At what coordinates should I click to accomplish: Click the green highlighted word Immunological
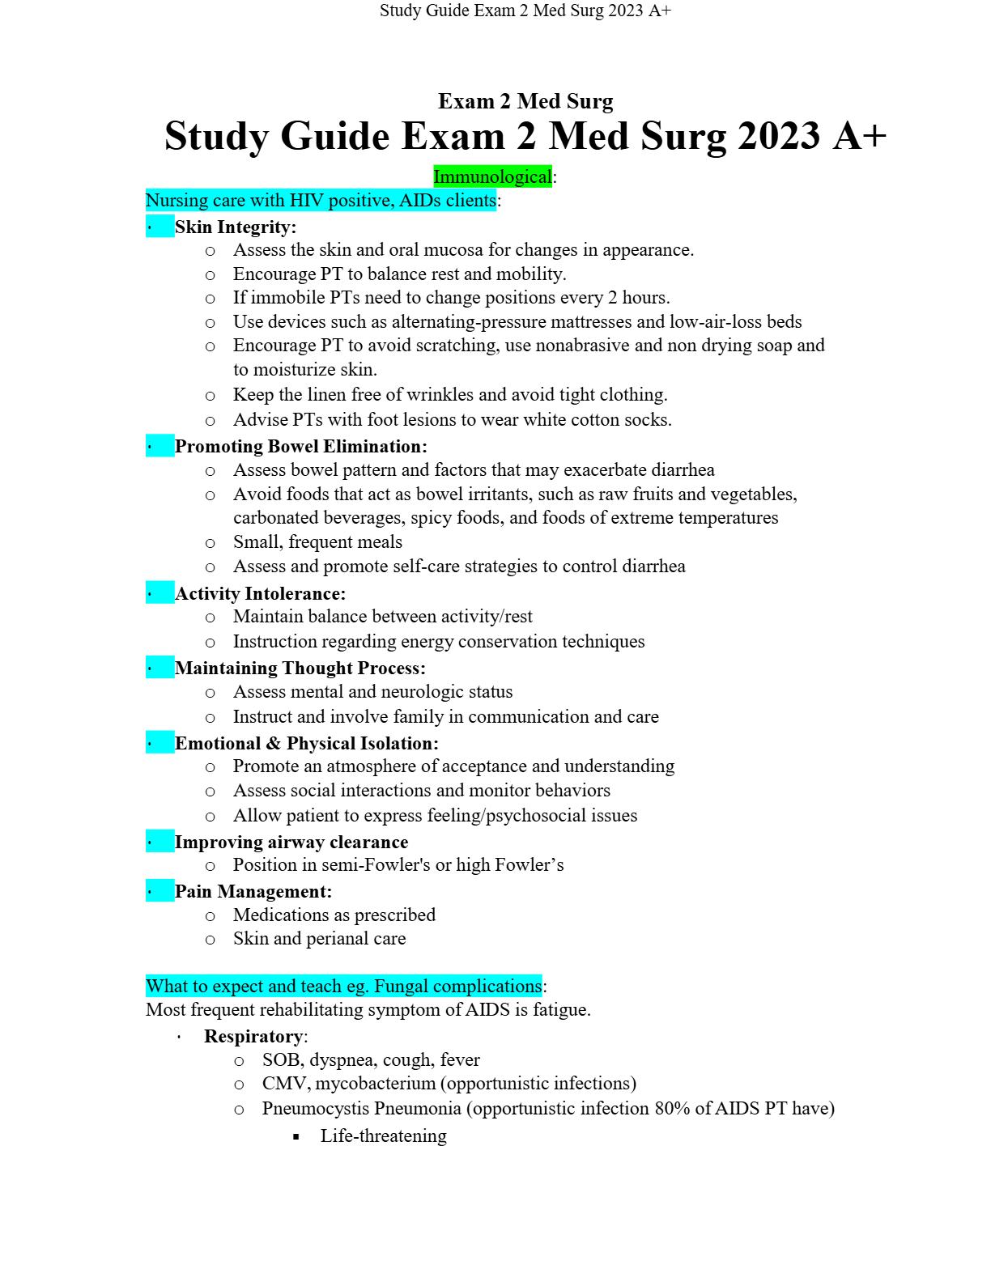tap(492, 176)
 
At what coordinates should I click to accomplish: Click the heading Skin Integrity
tap(236, 227)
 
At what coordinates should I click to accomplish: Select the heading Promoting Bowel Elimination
tap(300, 446)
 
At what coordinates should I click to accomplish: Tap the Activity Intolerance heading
tap(260, 593)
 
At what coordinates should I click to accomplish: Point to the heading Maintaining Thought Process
tap(300, 668)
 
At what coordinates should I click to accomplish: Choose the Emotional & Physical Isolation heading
tap(306, 743)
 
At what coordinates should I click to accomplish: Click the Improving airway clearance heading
tap(291, 842)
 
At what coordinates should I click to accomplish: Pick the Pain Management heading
tap(253, 891)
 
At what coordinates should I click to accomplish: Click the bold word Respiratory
tap(253, 1036)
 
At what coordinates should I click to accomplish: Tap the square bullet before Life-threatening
tap(296, 1136)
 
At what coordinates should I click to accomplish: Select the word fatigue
tap(560, 1009)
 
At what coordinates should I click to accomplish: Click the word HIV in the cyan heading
tap(306, 200)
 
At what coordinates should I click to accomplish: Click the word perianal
tap(338, 938)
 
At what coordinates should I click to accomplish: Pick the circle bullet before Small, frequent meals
tap(211, 543)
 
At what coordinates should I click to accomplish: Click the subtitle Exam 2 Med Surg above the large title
tap(525, 101)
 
